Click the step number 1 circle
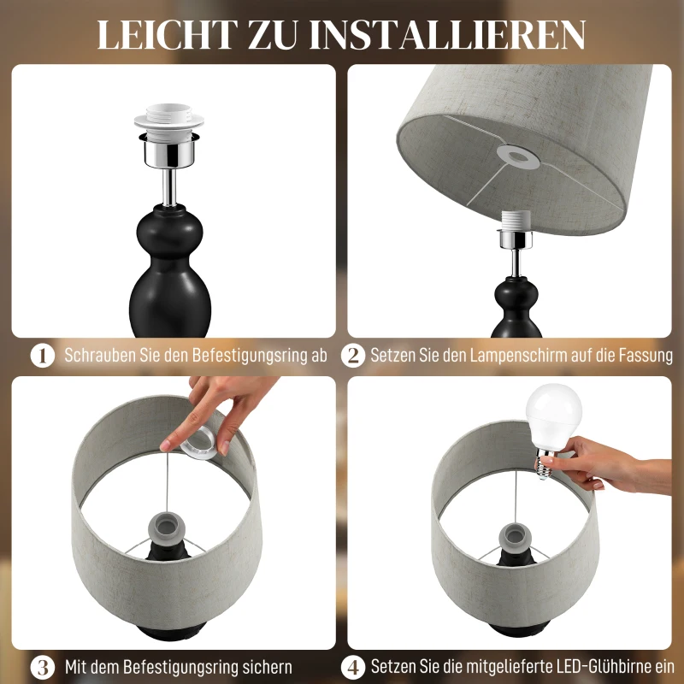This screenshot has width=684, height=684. click(43, 356)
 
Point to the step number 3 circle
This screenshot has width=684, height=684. click(43, 666)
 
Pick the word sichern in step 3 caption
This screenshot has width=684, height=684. click(265, 666)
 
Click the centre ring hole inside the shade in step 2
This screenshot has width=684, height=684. click(515, 156)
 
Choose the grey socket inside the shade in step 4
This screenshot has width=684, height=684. click(517, 534)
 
